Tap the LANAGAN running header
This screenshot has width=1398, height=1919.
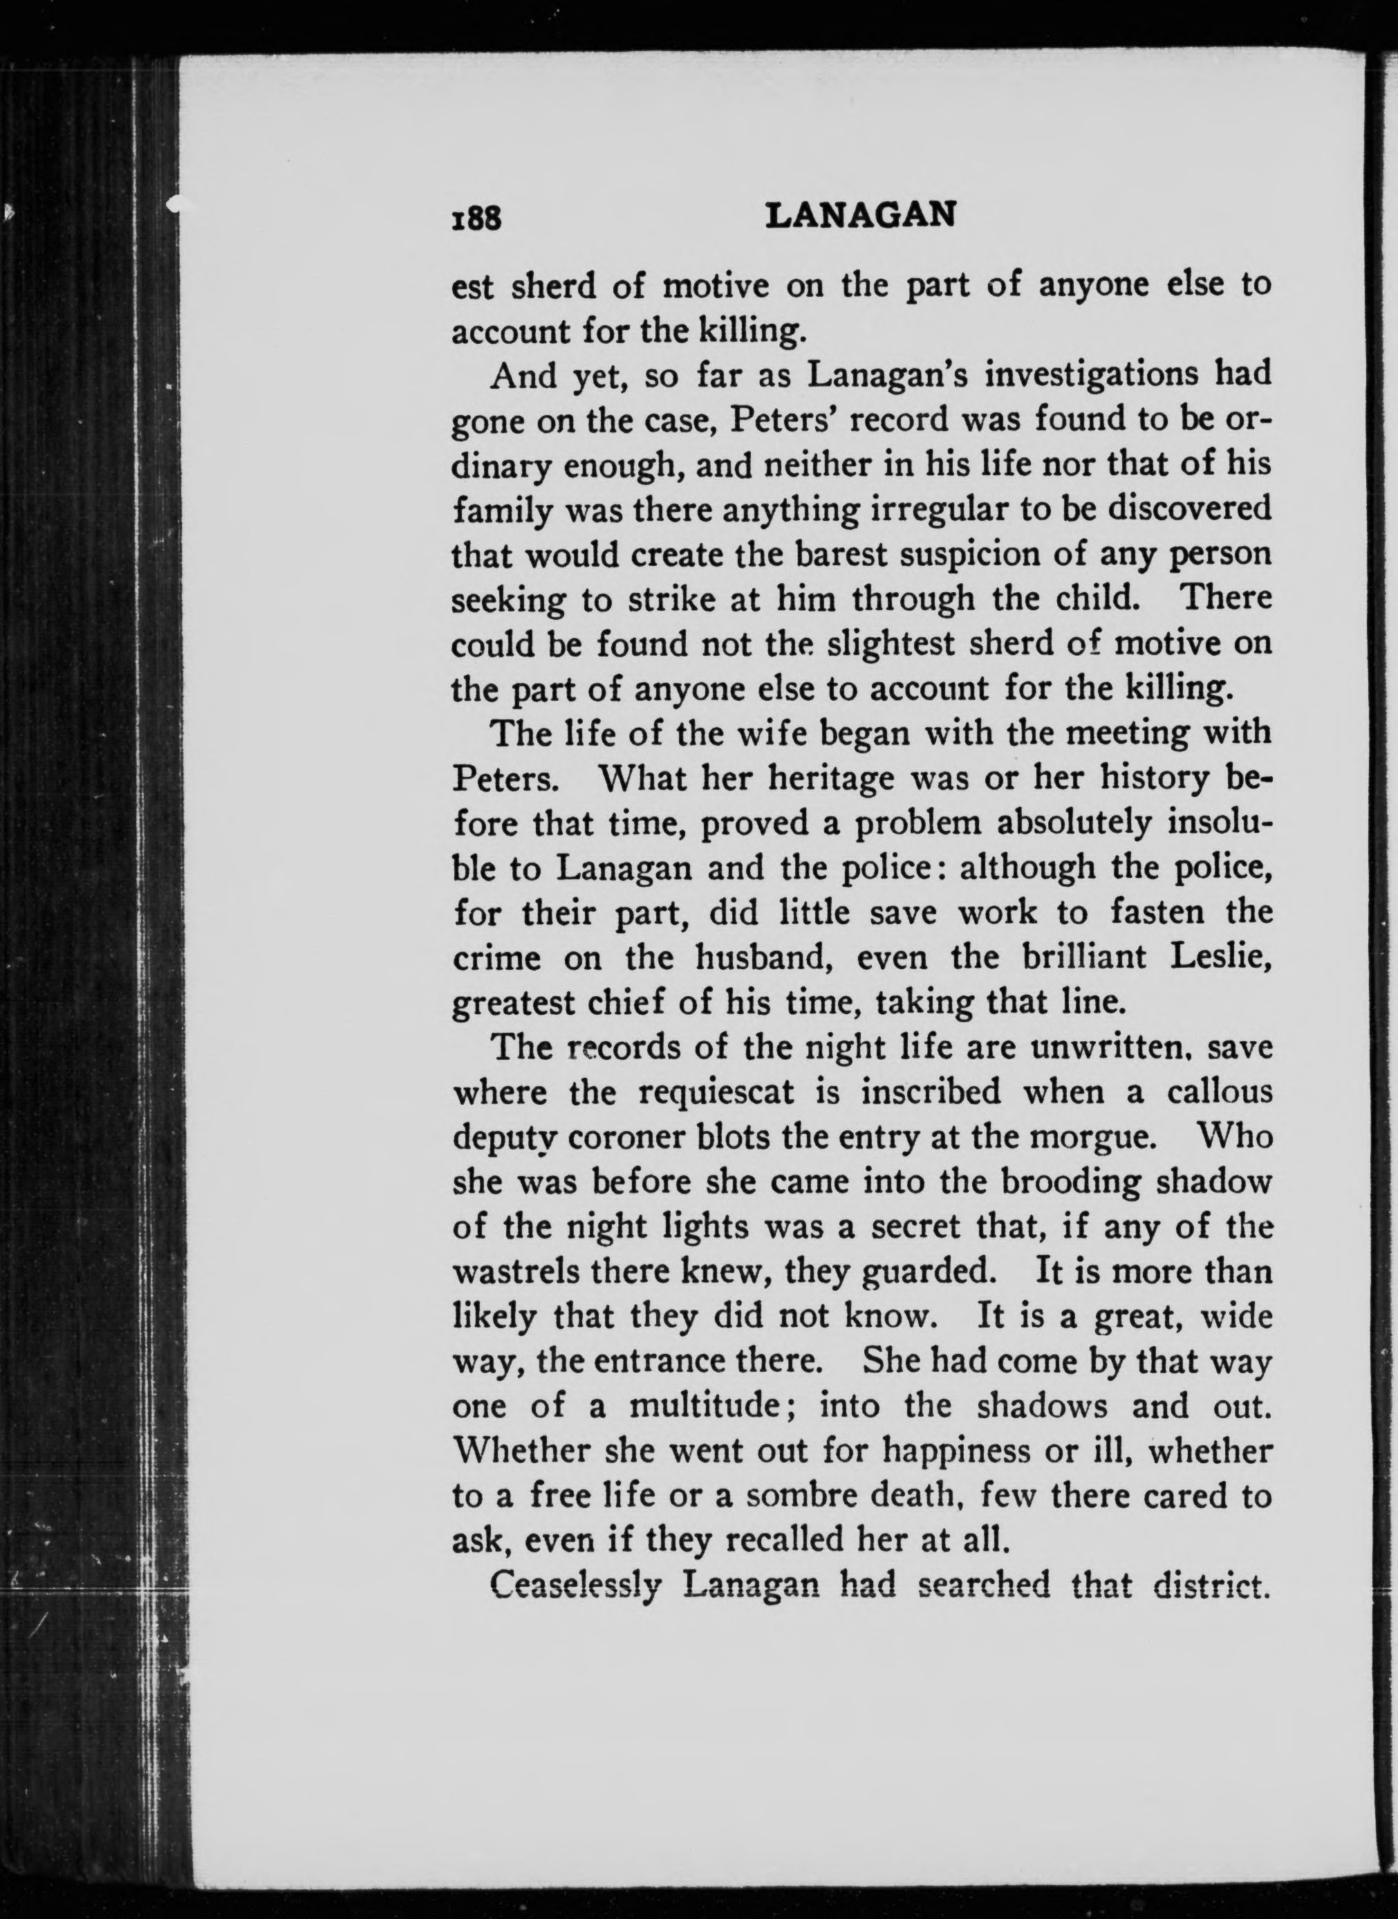[x=860, y=216]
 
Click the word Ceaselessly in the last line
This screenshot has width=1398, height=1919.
[x=575, y=1586]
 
